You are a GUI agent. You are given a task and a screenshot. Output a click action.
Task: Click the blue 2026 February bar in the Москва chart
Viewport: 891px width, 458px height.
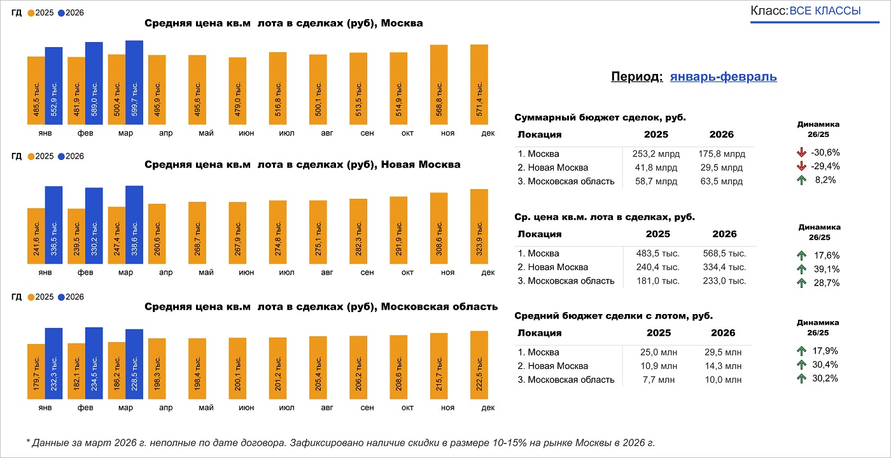pos(94,83)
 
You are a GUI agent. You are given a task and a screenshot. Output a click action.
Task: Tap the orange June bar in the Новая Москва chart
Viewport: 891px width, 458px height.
pos(237,233)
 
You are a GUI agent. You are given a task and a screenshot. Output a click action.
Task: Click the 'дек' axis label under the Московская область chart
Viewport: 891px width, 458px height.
pos(488,408)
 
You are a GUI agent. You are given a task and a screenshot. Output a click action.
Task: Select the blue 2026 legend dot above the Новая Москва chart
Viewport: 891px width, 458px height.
pos(61,156)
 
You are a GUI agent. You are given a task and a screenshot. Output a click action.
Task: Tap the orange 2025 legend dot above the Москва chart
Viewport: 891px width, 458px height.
pos(31,13)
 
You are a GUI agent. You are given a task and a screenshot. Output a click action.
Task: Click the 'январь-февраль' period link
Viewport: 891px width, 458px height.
pos(723,77)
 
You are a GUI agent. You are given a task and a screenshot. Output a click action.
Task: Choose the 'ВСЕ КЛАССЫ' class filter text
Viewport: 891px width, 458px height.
pos(825,11)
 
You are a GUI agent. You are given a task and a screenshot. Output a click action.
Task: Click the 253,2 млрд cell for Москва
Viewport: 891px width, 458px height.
pos(657,154)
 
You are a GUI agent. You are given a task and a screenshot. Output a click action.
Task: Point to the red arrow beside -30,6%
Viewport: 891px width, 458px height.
pos(801,152)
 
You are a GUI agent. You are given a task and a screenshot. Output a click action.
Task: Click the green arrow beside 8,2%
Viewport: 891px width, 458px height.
pos(801,180)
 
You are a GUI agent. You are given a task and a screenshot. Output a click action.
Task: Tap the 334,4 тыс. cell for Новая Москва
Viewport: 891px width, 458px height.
pos(724,268)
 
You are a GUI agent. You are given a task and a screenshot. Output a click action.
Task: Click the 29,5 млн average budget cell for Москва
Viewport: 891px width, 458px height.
pos(724,352)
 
